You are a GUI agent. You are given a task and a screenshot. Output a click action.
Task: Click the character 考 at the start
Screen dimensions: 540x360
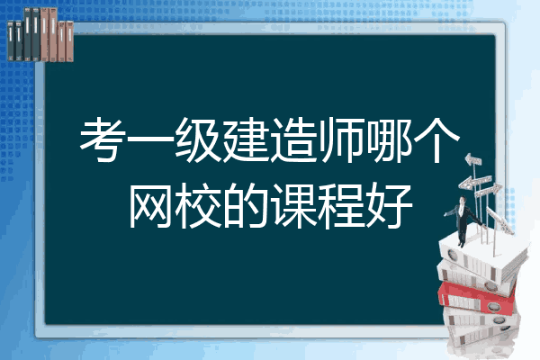point(103,139)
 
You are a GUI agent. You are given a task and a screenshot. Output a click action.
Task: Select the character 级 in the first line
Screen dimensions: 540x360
point(198,139)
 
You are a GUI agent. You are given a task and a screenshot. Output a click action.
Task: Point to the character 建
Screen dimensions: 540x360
point(246,139)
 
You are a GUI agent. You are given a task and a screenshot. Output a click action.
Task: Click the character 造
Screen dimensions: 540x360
point(293,139)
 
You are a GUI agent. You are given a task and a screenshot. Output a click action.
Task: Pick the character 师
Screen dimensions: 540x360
point(341,139)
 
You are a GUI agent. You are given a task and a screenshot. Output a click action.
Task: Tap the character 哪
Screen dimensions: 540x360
point(389,139)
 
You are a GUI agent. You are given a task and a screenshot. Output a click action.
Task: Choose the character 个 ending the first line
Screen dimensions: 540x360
point(436,139)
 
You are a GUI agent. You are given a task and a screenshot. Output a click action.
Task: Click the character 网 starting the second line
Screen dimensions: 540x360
point(150,205)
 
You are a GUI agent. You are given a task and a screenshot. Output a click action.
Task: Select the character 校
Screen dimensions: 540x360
point(198,205)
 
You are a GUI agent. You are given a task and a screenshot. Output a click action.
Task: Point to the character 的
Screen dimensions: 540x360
point(246,205)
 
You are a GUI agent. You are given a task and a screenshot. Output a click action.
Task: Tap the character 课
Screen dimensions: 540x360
point(293,205)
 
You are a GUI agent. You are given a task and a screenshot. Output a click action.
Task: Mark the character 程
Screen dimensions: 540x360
point(341,205)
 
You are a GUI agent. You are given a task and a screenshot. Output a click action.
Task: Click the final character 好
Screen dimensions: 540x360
point(389,205)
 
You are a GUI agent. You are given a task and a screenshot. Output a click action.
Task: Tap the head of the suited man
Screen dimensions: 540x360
point(462,201)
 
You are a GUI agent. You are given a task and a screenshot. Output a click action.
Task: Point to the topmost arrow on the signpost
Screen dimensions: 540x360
point(472,160)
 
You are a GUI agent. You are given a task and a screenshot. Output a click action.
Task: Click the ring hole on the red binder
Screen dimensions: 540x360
point(492,306)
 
